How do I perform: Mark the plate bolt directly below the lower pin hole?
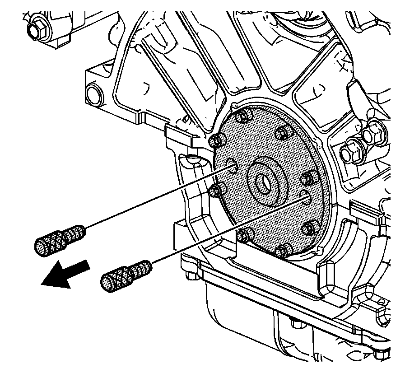coord(308,227)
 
